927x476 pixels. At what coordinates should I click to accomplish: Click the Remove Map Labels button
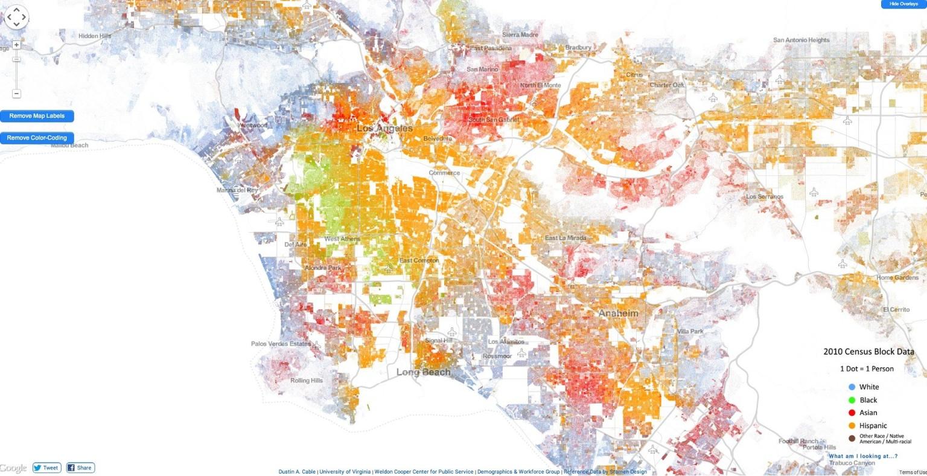[37, 116]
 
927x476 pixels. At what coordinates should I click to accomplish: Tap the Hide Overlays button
[903, 4]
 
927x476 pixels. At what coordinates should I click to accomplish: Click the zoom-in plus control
[16, 45]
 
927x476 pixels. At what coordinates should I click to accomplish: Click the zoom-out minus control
[16, 94]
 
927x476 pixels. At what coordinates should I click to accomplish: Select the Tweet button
[46, 468]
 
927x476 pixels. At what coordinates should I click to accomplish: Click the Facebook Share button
[80, 468]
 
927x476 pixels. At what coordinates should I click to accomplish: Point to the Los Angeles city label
[384, 128]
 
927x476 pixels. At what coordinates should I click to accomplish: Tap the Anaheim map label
[618, 313]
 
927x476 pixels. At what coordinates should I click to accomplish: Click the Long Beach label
[423, 372]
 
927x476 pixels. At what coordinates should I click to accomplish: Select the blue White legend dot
[852, 387]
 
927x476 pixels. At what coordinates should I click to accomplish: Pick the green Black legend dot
[852, 400]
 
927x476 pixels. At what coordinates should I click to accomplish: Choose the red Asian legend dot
[852, 413]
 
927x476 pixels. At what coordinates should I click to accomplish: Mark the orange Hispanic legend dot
[852, 426]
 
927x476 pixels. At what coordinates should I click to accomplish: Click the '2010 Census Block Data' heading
[868, 352]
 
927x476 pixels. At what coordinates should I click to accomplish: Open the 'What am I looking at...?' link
[862, 456]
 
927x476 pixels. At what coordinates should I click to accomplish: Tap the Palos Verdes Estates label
[281, 344]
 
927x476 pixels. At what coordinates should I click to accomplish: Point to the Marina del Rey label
[237, 190]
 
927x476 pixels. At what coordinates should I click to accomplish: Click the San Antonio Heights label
[801, 40]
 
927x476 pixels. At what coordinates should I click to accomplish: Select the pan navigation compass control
[16, 17]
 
